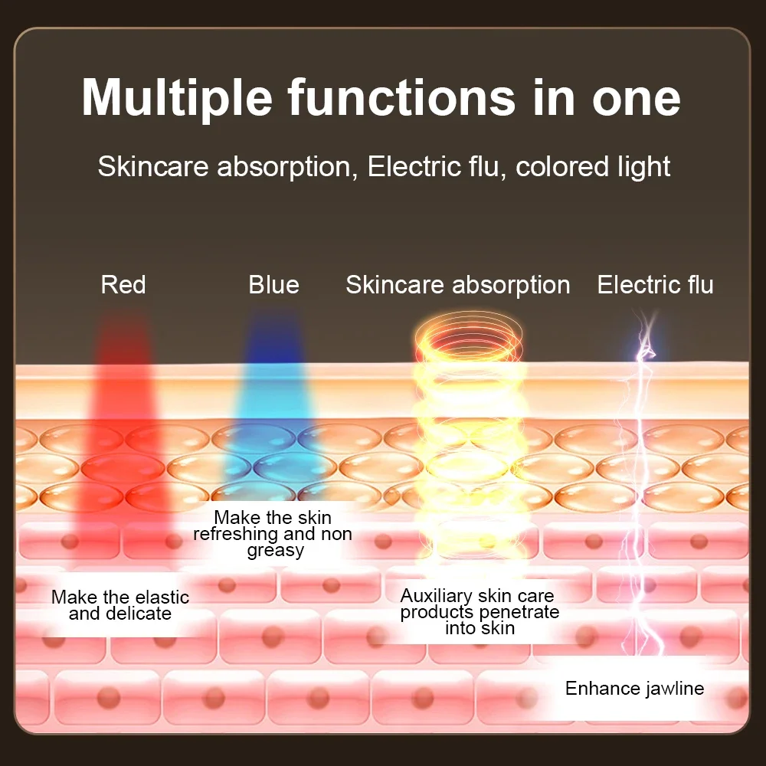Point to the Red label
123,285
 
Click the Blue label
273,285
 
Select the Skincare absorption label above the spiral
457,285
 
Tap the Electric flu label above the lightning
655,285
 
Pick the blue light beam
273,406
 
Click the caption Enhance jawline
634,688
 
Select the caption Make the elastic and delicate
120,605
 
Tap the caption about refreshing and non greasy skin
273,534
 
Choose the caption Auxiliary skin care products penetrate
479,611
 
